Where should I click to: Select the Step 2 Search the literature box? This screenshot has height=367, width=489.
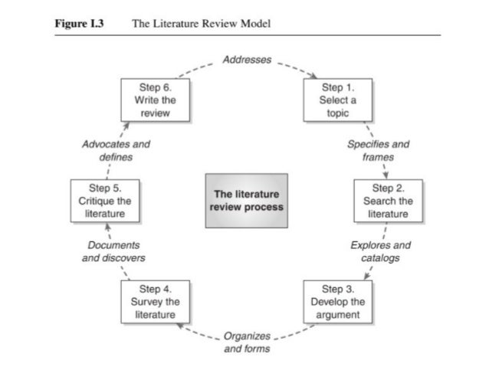[387, 201]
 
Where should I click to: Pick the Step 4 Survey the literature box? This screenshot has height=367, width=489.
[156, 302]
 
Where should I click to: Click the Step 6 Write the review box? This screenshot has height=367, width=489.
[156, 100]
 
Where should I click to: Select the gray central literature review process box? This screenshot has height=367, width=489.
[246, 201]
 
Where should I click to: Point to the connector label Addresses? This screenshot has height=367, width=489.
[246, 59]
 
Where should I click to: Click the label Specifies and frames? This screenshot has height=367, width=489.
[378, 150]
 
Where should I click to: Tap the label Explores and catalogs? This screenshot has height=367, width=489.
[380, 251]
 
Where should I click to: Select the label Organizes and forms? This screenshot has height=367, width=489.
[246, 342]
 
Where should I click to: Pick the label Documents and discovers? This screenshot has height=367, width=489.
[113, 251]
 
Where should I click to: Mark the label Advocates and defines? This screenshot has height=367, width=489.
[116, 150]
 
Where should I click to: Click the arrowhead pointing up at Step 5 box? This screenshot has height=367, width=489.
[108, 226]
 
